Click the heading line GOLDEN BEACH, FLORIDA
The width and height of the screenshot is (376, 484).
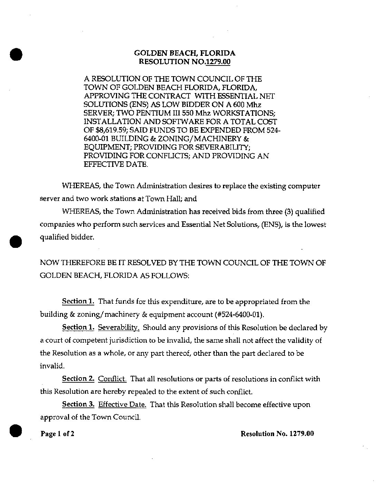(x=185, y=53)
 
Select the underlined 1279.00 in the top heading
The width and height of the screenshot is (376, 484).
(x=218, y=62)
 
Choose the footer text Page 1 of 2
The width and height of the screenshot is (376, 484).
(x=57, y=434)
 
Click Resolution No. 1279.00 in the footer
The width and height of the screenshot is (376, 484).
(x=277, y=434)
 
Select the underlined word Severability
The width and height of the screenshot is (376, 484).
(x=119, y=327)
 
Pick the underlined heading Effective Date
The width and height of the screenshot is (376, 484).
(x=122, y=404)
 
